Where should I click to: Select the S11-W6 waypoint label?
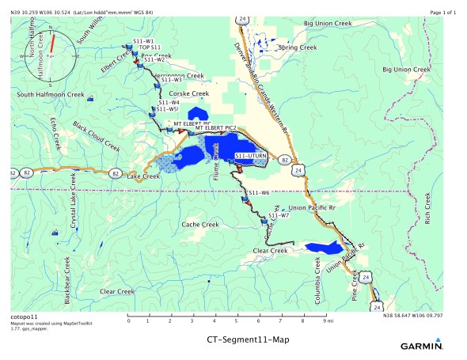(260, 193)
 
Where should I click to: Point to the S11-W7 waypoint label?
(279, 215)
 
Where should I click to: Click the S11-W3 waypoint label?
(171, 80)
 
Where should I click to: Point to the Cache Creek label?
(200, 225)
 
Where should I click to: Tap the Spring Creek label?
(298, 47)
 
